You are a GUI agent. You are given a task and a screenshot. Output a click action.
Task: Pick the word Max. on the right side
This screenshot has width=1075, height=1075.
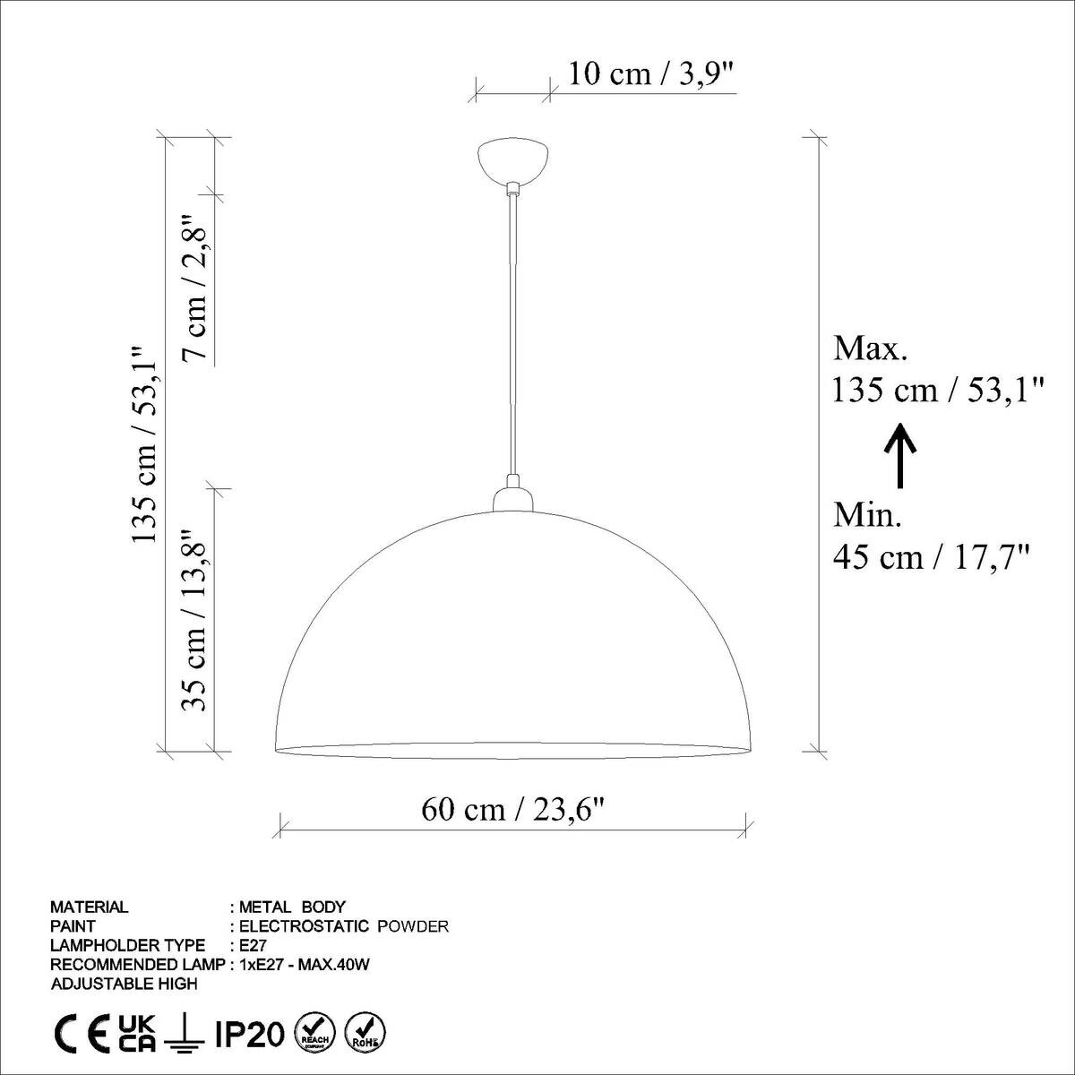click(x=871, y=348)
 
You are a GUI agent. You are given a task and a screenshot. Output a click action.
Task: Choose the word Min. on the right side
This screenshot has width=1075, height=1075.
click(x=868, y=515)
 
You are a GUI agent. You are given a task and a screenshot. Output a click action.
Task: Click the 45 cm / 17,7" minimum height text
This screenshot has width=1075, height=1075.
click(x=931, y=557)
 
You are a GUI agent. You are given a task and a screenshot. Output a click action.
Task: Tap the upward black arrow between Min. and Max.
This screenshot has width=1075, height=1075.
click(x=900, y=455)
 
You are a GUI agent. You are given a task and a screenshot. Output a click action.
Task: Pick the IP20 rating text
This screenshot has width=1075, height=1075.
click(x=250, y=1034)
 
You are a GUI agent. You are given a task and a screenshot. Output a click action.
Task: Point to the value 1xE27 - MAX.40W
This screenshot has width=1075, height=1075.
click(x=305, y=965)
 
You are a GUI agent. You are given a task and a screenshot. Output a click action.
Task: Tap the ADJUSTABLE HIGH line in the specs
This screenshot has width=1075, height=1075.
click(x=125, y=984)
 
